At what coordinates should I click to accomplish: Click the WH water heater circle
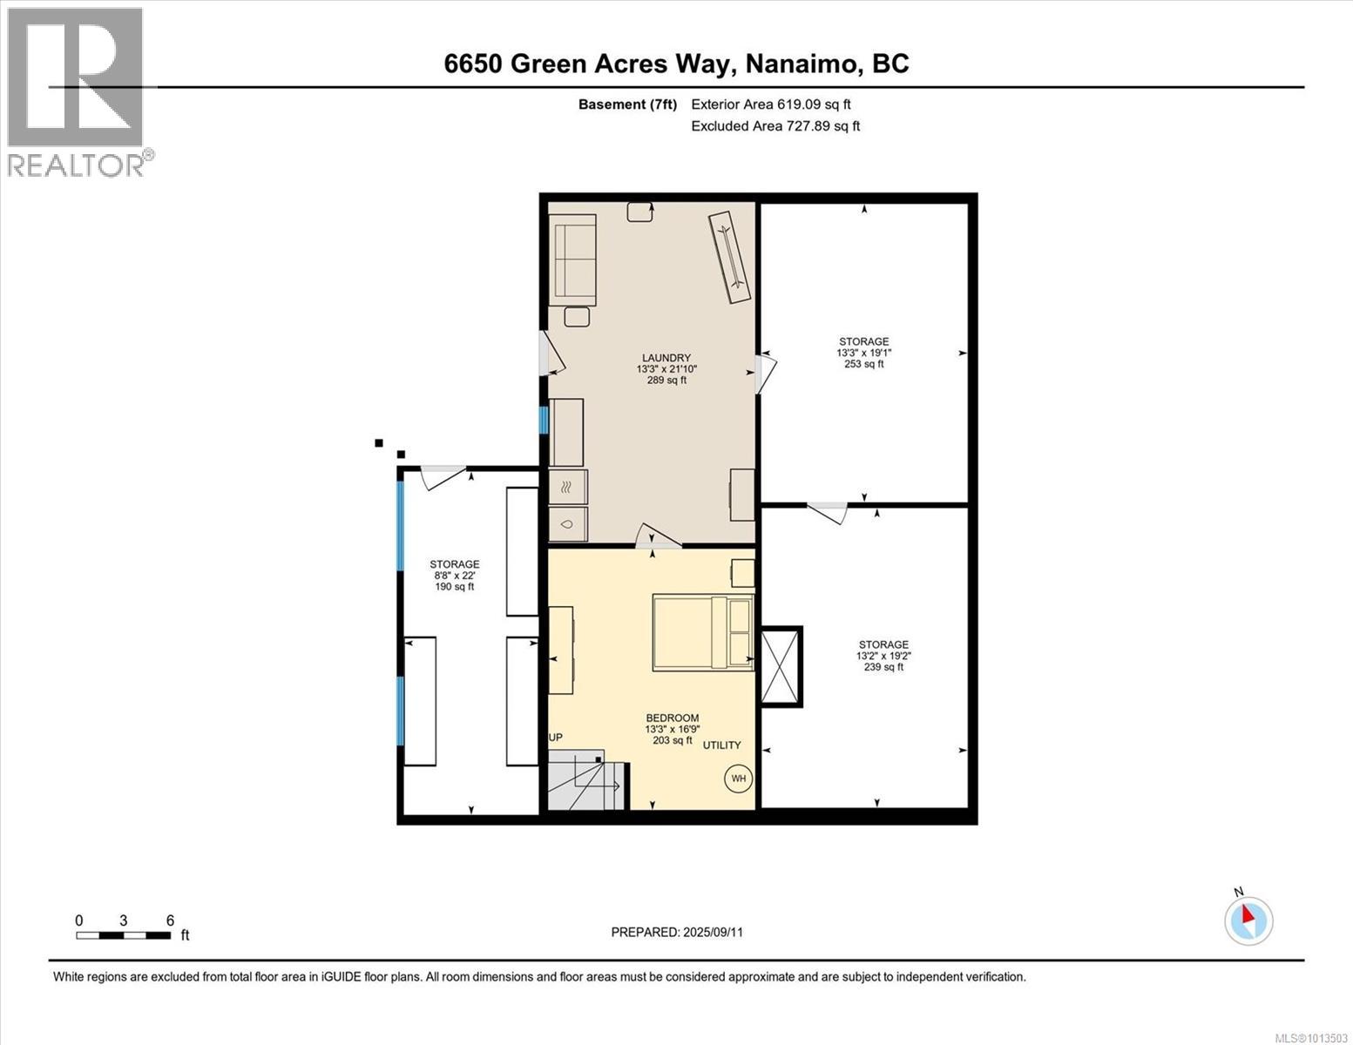point(738,779)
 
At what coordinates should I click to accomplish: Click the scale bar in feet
point(123,935)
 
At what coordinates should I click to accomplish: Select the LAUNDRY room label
point(666,368)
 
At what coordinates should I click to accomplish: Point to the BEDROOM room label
point(672,729)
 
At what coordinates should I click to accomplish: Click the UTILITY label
point(721,745)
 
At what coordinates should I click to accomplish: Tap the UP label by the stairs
point(555,738)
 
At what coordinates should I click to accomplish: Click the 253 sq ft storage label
point(863,353)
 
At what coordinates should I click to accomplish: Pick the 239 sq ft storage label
point(883,656)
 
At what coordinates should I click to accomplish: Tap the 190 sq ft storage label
point(454,576)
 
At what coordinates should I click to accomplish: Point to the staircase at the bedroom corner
point(585,780)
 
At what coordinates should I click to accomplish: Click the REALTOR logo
point(77,92)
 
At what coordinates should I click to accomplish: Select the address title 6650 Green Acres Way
point(676,64)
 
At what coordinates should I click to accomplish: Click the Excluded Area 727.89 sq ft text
point(775,126)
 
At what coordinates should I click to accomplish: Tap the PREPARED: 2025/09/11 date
point(677,932)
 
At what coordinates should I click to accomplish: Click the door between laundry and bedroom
point(658,537)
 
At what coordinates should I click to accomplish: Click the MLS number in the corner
point(1311,1037)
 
